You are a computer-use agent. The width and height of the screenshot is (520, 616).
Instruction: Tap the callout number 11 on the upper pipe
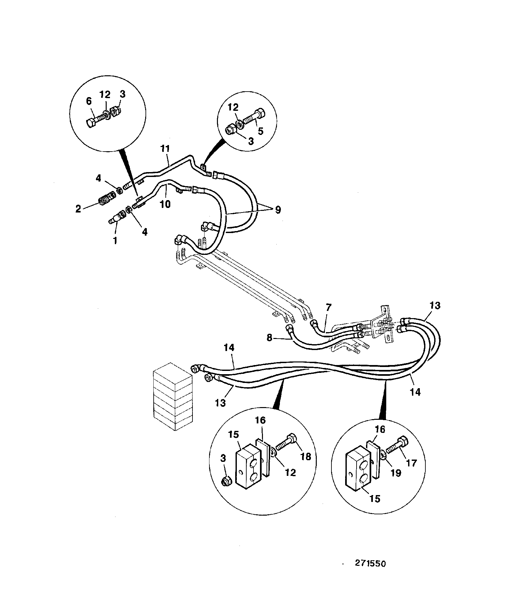coord(165,149)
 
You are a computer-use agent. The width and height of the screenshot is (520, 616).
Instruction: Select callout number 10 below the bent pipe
coord(165,205)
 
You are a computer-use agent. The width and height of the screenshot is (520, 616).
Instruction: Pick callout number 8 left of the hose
coord(269,338)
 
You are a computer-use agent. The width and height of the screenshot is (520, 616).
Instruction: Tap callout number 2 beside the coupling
coord(78,209)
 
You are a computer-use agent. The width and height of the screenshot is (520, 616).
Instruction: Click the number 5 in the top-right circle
coord(260,131)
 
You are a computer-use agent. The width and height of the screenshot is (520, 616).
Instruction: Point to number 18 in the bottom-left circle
coord(306,456)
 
